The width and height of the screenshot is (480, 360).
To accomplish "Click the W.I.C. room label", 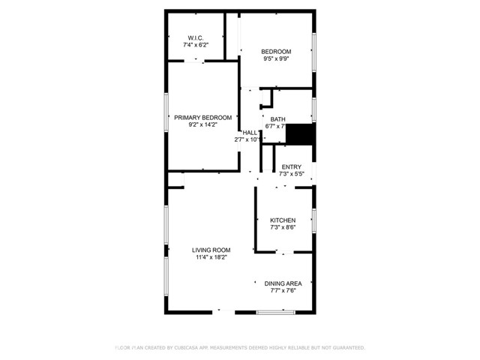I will point(196,37).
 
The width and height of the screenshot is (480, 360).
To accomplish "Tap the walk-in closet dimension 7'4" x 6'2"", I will point(196,45).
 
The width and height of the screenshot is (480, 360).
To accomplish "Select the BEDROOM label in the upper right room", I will point(276,51).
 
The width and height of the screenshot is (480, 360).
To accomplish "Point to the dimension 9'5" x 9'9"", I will point(276,58).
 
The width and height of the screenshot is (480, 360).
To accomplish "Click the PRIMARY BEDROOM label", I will point(202,118).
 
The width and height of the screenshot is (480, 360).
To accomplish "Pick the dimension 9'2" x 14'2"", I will point(202,126).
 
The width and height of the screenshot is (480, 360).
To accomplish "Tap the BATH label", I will point(278,119).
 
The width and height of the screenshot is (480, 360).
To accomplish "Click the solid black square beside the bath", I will point(301,135).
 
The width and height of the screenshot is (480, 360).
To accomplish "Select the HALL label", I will point(249,132).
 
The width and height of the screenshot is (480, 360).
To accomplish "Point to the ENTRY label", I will point(291,166).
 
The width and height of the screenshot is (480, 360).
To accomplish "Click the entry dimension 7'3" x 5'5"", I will point(291,174).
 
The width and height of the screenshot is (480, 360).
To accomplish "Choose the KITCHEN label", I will point(283,220).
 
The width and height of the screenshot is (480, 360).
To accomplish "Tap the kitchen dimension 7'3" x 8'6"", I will point(283,228).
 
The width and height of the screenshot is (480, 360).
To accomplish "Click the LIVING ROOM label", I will point(211,250).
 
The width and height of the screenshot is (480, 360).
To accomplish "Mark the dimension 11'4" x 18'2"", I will point(211,258).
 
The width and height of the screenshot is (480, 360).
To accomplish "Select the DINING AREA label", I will point(283,283).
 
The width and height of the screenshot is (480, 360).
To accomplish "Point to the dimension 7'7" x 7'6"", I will point(283,291).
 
